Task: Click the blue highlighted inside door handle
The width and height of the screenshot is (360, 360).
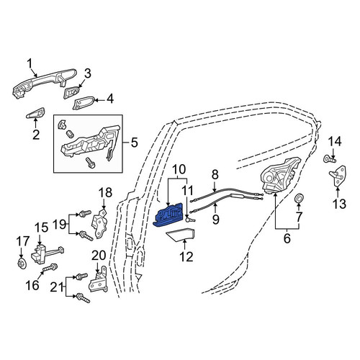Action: click(x=168, y=215)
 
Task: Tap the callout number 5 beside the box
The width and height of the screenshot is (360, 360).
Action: click(x=134, y=143)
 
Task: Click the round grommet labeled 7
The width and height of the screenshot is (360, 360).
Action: click(x=299, y=198)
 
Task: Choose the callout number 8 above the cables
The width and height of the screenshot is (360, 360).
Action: click(x=215, y=175)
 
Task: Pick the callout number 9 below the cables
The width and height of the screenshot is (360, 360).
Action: click(x=216, y=219)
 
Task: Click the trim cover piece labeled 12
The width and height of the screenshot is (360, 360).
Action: click(x=180, y=235)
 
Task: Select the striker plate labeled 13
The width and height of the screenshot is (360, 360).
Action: click(x=338, y=176)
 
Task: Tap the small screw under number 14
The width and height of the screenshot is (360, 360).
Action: click(x=330, y=158)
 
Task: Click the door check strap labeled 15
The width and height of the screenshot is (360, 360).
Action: click(x=47, y=253)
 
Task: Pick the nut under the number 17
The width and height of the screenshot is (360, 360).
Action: click(x=22, y=264)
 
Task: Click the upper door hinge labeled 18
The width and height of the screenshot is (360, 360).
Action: click(x=100, y=223)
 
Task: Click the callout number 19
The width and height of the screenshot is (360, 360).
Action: click(x=59, y=225)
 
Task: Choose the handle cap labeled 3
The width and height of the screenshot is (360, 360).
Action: click(x=71, y=92)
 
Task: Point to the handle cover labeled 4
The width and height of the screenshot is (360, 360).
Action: click(x=84, y=103)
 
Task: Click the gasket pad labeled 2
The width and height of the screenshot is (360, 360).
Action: click(x=35, y=113)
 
